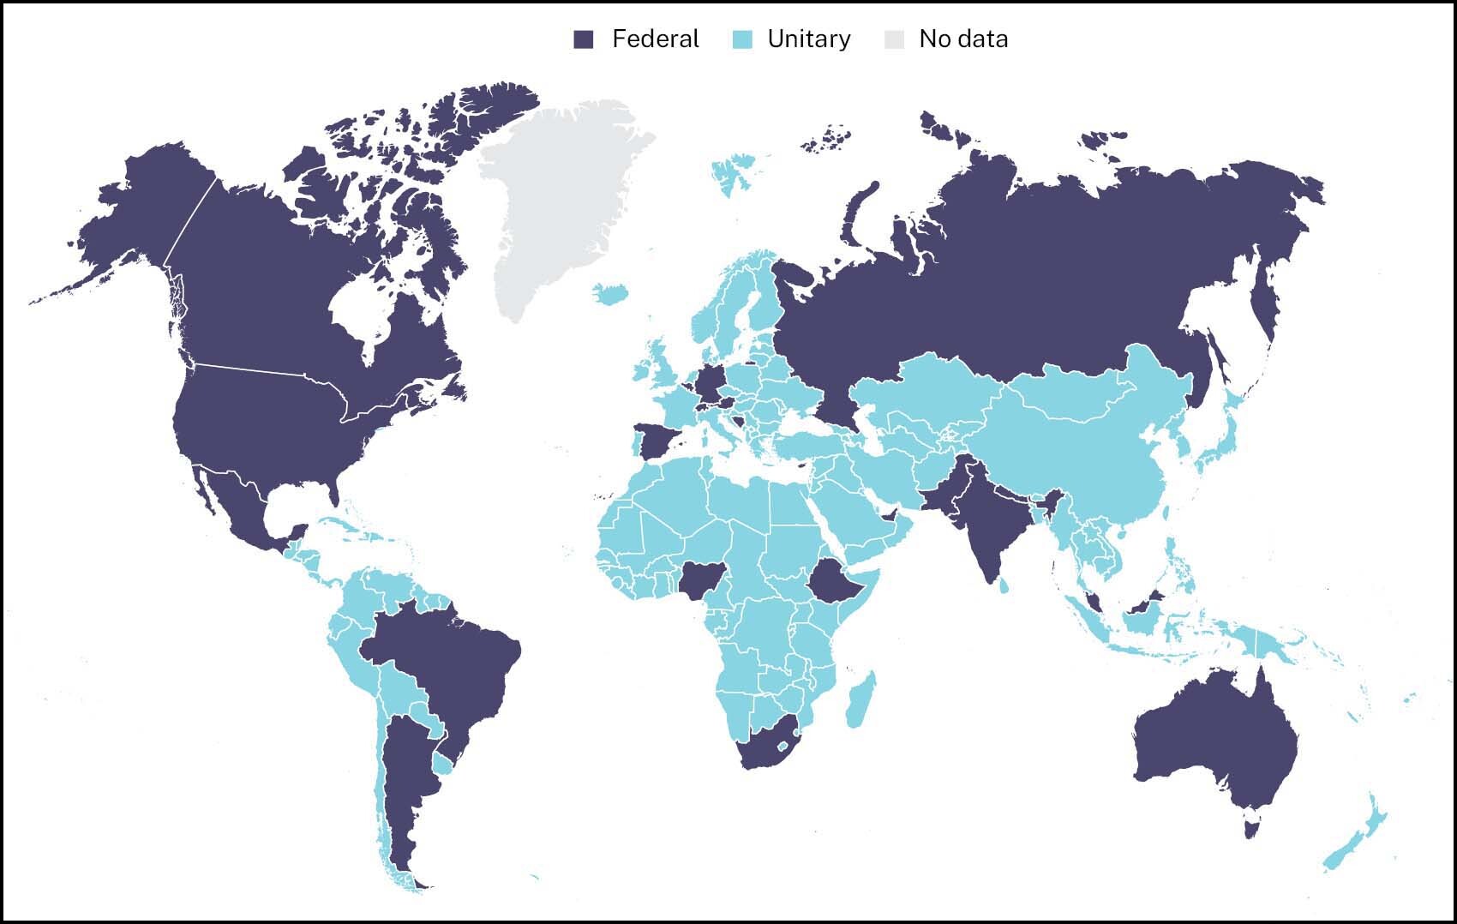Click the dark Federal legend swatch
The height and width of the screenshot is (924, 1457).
(584, 39)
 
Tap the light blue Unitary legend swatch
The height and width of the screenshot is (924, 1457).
(742, 39)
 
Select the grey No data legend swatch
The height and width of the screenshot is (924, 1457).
(894, 39)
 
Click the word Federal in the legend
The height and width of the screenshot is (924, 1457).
(655, 39)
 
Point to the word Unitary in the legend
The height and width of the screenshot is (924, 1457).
(808, 39)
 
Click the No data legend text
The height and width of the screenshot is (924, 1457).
(963, 39)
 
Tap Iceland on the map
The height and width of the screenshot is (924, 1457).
(611, 294)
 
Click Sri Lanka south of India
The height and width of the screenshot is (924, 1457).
(1004, 585)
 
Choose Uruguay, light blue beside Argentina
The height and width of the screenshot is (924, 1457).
(443, 762)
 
